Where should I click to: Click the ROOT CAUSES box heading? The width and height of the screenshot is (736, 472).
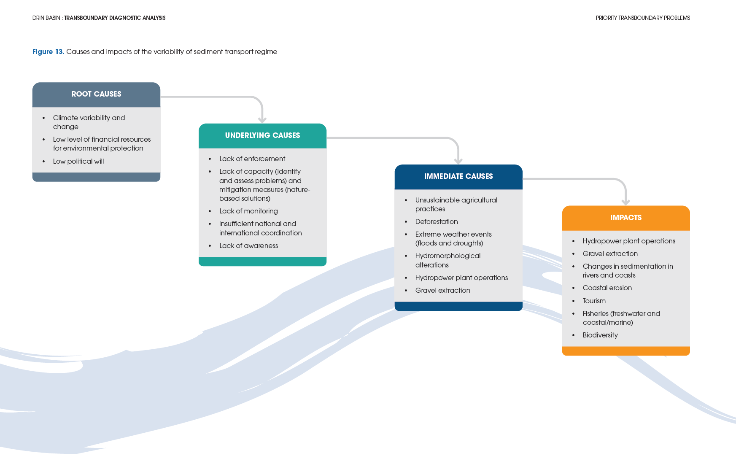pyautogui.click(x=96, y=94)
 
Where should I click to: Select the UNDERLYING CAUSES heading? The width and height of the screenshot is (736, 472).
pyautogui.click(x=262, y=135)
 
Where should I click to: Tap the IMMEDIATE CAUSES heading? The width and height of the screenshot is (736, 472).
pyautogui.click(x=458, y=176)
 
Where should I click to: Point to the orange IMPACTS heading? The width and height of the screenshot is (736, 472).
pyautogui.click(x=625, y=218)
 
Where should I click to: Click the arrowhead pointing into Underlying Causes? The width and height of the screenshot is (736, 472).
pyautogui.click(x=262, y=120)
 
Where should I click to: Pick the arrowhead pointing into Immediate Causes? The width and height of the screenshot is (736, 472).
pyautogui.click(x=458, y=161)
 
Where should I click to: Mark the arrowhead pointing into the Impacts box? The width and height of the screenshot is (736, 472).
pyautogui.click(x=625, y=202)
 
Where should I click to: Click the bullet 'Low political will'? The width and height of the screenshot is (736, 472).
pyautogui.click(x=78, y=161)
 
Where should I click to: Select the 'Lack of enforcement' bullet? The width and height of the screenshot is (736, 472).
pyautogui.click(x=252, y=159)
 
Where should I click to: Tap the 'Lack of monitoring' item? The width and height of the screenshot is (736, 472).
pyautogui.click(x=248, y=211)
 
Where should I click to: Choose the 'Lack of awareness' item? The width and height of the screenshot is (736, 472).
pyautogui.click(x=248, y=245)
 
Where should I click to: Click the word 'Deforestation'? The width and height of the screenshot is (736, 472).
pyautogui.click(x=436, y=221)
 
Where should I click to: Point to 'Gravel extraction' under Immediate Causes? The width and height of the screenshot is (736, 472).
pyautogui.click(x=442, y=290)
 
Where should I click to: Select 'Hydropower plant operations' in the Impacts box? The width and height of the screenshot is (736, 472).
pyautogui.click(x=628, y=241)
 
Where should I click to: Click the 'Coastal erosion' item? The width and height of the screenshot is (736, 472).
pyautogui.click(x=607, y=288)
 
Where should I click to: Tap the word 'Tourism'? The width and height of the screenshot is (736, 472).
pyautogui.click(x=594, y=301)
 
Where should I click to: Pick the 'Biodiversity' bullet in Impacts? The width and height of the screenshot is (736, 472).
pyautogui.click(x=600, y=335)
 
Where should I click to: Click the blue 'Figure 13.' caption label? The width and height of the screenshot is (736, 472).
pyautogui.click(x=48, y=51)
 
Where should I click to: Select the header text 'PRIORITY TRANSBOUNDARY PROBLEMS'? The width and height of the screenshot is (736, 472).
pyautogui.click(x=642, y=18)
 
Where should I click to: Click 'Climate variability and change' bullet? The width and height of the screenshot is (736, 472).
pyautogui.click(x=89, y=122)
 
